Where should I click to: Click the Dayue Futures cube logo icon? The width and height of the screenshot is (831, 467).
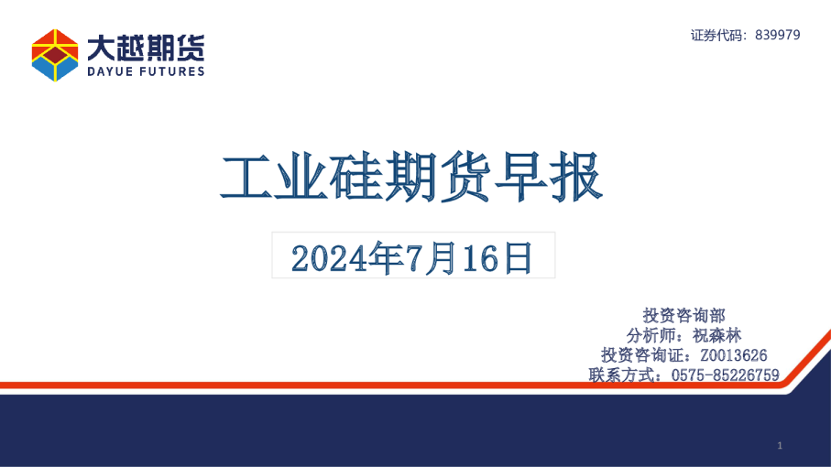tap(55, 55)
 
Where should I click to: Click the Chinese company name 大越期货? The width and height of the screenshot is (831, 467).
tap(146, 47)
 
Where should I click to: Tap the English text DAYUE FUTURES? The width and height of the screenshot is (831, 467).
tap(146, 71)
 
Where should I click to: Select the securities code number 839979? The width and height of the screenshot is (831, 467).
tap(779, 35)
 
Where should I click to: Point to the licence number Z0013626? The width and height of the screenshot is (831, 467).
tap(733, 355)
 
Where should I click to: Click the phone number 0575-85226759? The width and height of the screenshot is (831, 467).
tap(726, 375)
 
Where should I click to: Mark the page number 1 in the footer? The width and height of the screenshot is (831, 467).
tap(779, 446)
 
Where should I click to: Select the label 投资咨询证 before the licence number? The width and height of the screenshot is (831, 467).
tap(643, 355)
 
